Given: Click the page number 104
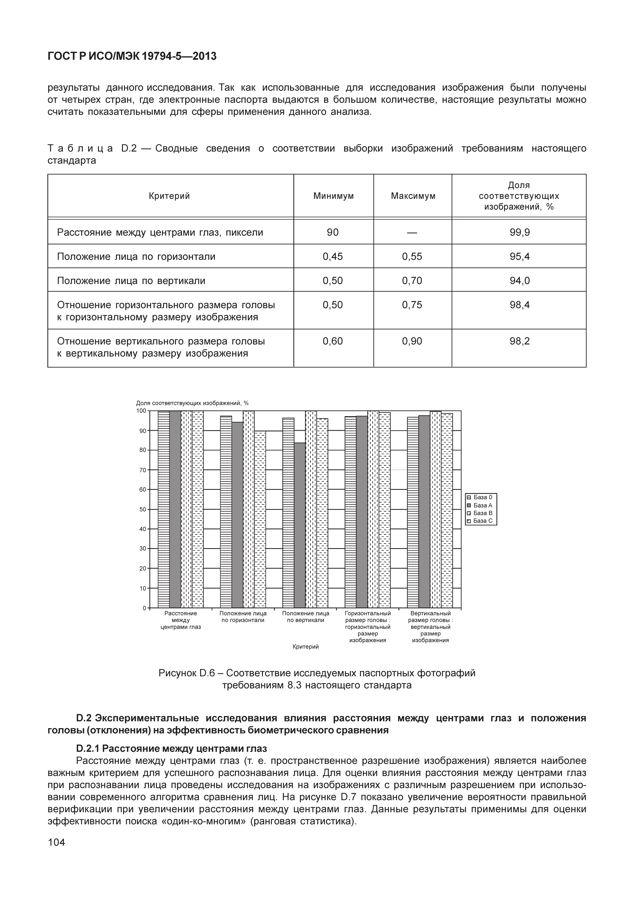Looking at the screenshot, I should click(56, 842).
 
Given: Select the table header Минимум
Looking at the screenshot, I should click(333, 196).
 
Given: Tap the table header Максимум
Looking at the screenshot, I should click(413, 196).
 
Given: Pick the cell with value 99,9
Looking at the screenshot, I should click(520, 232).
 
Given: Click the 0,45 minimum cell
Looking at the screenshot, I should click(333, 256).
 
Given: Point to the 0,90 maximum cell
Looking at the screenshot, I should click(412, 341).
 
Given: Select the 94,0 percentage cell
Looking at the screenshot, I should click(520, 281).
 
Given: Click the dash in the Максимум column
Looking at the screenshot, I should click(412, 232).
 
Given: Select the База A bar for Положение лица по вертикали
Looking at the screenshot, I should click(300, 525).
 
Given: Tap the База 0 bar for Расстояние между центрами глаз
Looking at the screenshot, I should click(164, 509).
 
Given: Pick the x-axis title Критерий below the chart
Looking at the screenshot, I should click(305, 647).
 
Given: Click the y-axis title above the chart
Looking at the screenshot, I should click(192, 403).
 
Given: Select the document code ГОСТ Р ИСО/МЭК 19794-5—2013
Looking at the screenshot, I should click(132, 56).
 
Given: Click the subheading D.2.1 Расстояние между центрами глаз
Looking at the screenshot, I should click(171, 749).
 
